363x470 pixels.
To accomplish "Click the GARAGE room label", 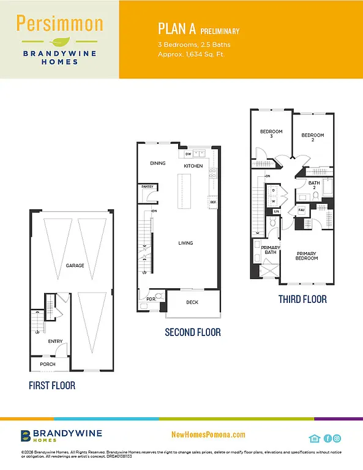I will pos(75,266).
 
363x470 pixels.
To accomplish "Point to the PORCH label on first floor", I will pos(47,364).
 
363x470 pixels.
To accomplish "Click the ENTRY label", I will pos(55,341).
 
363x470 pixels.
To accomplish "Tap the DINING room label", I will pos(158,163).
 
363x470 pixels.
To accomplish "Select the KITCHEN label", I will pos(193,166).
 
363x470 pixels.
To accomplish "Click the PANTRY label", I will pos(147,187).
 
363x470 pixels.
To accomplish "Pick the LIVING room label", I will pos(185,243).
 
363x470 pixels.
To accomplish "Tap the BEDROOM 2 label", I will pos(313,138).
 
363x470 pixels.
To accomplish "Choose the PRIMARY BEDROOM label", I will pos(307,256).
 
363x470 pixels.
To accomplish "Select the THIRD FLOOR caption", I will pos(302,299).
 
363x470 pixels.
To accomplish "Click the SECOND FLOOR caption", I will pos(192,332).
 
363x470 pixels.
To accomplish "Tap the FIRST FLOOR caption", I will pos(52,386).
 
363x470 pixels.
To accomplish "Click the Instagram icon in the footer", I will pos(337,438).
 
